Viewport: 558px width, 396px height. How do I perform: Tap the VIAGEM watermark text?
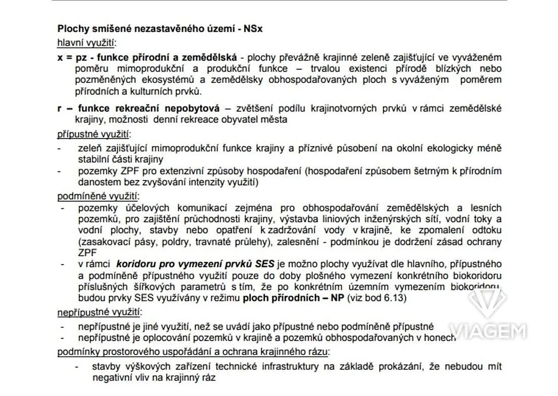(x=488, y=331)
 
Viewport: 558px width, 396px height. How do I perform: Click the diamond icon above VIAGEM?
(x=488, y=301)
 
